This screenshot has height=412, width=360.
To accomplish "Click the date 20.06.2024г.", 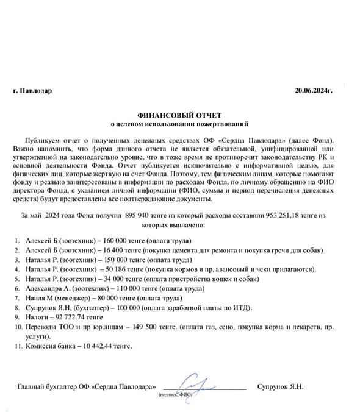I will coord(313,91).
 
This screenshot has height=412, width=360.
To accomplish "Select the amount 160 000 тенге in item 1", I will coord(130,241).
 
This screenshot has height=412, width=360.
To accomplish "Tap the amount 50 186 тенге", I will coord(129,269).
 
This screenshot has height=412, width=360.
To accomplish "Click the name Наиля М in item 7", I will coord(39,299).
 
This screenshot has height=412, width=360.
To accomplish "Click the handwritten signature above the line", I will coord(198,384).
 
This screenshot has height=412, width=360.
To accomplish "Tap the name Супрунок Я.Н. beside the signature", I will coord(280,387).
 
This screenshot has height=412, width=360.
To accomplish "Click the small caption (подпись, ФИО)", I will coord(175,395).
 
